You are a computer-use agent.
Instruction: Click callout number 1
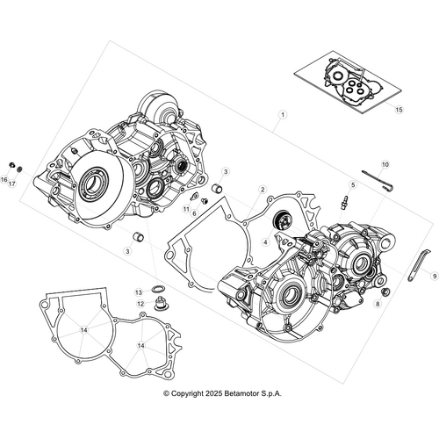point(283,115)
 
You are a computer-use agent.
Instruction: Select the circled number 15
point(398,110)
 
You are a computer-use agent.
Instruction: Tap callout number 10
point(385,164)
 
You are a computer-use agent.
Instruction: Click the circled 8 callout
point(378,304)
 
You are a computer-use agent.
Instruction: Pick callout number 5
point(353,185)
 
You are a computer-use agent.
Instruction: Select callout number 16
point(4,181)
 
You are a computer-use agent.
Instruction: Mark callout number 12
point(140,304)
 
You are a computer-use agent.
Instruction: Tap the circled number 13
point(139,291)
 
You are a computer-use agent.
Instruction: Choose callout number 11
point(187,210)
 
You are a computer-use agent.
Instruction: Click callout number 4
point(265,239)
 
